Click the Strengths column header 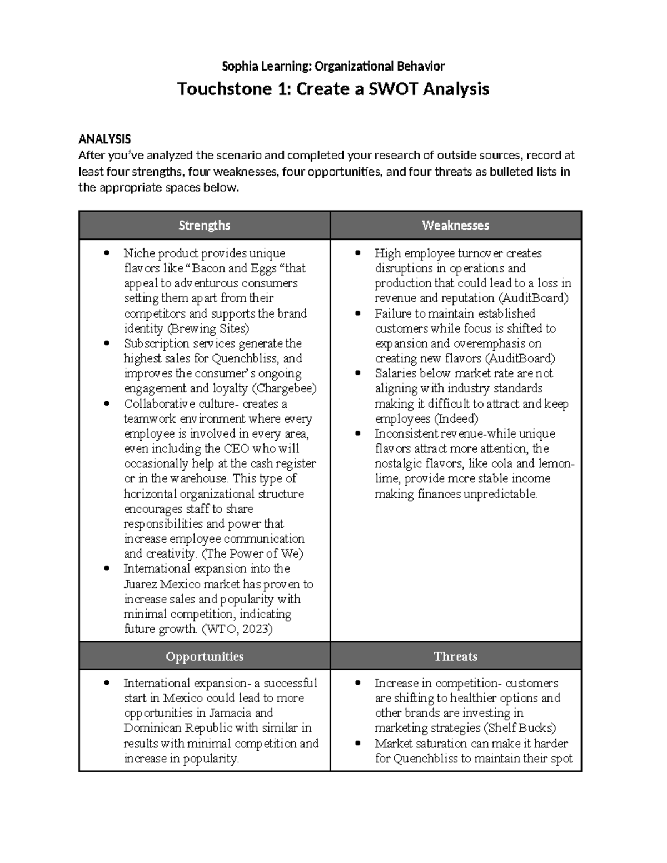tap(204, 225)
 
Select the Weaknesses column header tap(455, 225)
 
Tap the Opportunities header tap(205, 656)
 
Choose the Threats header tap(455, 656)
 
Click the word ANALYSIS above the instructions tap(104, 139)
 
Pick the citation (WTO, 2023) tap(237, 629)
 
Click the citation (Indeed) tap(456, 418)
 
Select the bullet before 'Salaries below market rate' tap(359, 373)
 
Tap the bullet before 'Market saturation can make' tap(359, 744)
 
